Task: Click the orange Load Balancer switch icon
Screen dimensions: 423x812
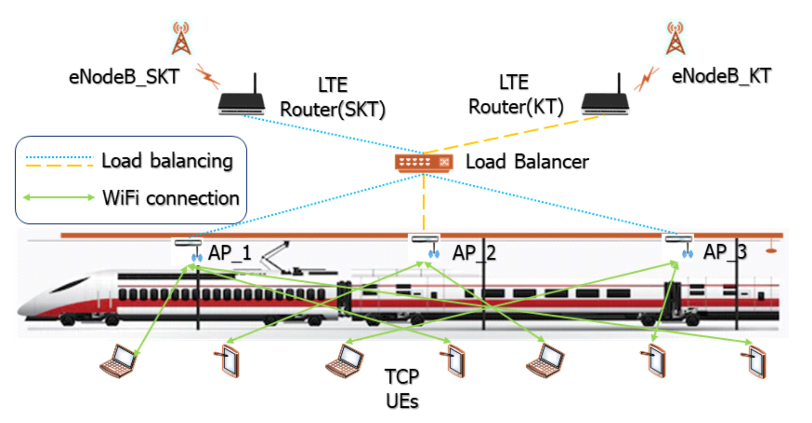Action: click(424, 163)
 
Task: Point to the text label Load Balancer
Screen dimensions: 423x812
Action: click(527, 162)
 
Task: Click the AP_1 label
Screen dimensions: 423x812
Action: click(230, 253)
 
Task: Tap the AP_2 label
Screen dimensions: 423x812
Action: click(474, 253)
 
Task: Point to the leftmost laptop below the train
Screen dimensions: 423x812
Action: click(118, 361)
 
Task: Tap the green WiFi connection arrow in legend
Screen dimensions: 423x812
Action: click(59, 197)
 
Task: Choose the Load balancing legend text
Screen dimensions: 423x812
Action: click(167, 161)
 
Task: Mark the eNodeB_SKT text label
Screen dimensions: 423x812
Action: click(124, 77)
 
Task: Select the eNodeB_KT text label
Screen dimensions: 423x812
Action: click(721, 76)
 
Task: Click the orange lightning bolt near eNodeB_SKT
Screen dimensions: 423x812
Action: click(208, 76)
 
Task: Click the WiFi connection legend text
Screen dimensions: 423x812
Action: click(171, 198)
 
